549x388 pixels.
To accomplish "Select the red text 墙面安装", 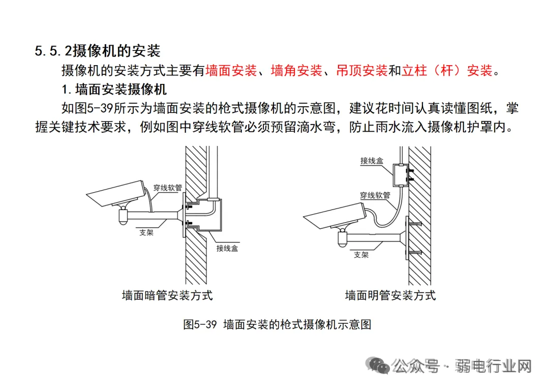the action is point(231,71).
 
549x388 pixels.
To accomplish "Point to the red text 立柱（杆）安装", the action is point(447,71).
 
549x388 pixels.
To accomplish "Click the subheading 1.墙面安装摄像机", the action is point(114,90).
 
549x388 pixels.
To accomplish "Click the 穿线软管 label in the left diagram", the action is point(168,188).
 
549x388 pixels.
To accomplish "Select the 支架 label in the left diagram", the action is point(147,232).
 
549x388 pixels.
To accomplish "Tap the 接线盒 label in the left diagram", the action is point(227,248).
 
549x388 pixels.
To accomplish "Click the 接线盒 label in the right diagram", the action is point(372,161).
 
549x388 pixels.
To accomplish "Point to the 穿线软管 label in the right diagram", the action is point(375,195).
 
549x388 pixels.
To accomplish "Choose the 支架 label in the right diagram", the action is point(361,255).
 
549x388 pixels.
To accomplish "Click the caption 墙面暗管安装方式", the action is point(167,295).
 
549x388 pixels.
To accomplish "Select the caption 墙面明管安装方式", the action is point(390,295).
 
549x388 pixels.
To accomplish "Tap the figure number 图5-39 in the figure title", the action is point(200,324).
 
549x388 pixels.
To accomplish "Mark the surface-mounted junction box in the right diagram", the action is point(400,175).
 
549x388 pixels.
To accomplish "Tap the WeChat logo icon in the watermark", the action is point(379,365).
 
